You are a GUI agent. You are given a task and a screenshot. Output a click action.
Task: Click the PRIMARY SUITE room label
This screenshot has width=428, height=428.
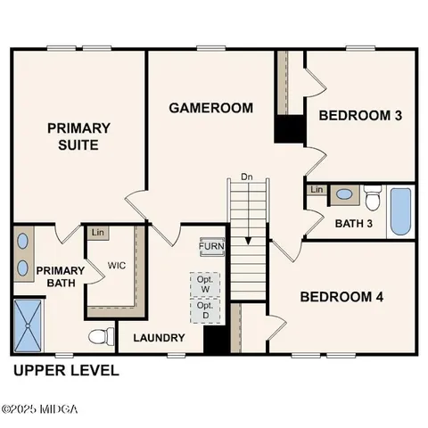click(78, 136)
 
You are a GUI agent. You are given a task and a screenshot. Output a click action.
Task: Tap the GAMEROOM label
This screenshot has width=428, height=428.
click(210, 108)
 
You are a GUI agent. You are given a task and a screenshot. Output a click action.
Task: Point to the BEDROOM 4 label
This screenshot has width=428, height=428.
click(341, 297)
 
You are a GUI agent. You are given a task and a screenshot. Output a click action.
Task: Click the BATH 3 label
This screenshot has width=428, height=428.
click(354, 223)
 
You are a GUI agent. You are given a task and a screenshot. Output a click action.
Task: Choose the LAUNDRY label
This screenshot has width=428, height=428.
click(159, 338)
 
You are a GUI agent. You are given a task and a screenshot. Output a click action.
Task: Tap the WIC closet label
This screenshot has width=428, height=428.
click(117, 266)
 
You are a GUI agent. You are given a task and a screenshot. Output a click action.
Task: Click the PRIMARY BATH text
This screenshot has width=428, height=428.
click(61, 277)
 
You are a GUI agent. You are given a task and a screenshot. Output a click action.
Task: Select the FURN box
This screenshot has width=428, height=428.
click(211, 247)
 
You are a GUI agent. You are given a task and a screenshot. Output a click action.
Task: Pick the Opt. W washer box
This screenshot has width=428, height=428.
click(204, 283)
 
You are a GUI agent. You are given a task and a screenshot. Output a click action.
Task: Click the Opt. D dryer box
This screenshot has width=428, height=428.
click(204, 309)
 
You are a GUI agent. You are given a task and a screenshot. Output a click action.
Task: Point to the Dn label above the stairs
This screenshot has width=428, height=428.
click(248, 177)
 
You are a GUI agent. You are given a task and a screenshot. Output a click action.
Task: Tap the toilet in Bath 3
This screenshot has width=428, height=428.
click(372, 195)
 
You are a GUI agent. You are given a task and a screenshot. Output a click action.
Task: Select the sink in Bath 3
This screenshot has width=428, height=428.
click(342, 194)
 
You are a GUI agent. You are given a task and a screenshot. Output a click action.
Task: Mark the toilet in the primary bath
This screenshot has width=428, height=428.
click(102, 336)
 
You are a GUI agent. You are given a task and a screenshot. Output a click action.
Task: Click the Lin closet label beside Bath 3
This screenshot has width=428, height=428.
click(317, 190)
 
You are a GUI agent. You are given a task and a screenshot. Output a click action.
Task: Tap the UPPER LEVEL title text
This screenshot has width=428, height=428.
click(65, 370)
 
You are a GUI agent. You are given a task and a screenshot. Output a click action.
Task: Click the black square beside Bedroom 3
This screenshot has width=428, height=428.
click(289, 128)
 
